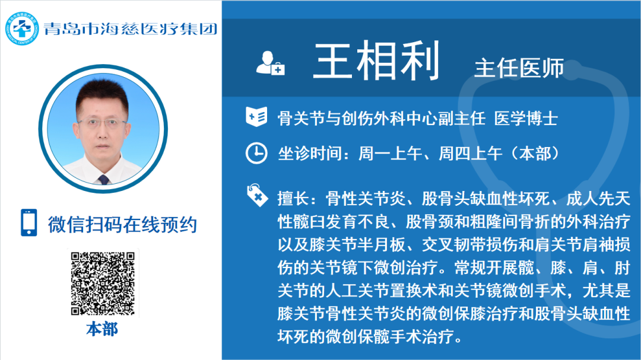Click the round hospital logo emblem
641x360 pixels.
(22, 28)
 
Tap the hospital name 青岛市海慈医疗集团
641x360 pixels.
(131, 28)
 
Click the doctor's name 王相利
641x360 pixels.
(377, 60)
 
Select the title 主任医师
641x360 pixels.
(519, 68)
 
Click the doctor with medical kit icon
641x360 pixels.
(270, 63)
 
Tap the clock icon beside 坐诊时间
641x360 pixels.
(256, 153)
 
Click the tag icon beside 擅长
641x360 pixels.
(257, 195)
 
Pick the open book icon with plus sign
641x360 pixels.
(256, 117)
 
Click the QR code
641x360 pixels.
(103, 283)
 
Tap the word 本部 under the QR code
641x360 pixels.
(102, 329)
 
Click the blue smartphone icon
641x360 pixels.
(29, 222)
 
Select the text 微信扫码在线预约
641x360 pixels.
(123, 224)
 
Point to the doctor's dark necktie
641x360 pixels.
(103, 179)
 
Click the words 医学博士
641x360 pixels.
(526, 119)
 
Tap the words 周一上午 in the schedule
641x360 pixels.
(390, 154)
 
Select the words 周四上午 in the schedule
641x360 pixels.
(470, 154)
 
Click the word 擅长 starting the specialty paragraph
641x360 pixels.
(294, 199)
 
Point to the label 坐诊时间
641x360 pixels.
(310, 154)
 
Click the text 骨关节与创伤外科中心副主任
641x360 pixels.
(382, 119)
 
